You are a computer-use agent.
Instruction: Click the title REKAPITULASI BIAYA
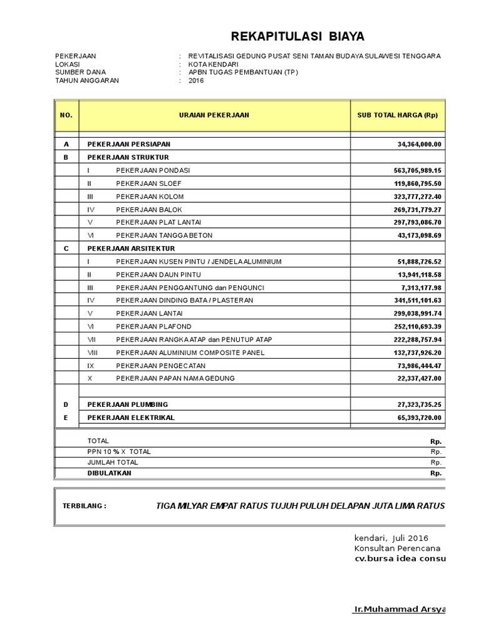(297, 36)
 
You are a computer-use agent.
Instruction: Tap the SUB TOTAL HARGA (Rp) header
(397, 115)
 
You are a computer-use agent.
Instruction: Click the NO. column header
(66, 115)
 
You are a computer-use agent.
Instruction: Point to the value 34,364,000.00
(419, 144)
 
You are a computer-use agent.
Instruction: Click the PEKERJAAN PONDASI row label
(153, 170)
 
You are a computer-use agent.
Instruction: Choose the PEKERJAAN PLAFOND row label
(153, 327)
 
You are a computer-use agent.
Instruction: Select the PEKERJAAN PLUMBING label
(128, 404)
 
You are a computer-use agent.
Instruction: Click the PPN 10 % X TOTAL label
(119, 451)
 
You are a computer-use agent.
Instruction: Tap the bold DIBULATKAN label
(110, 473)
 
